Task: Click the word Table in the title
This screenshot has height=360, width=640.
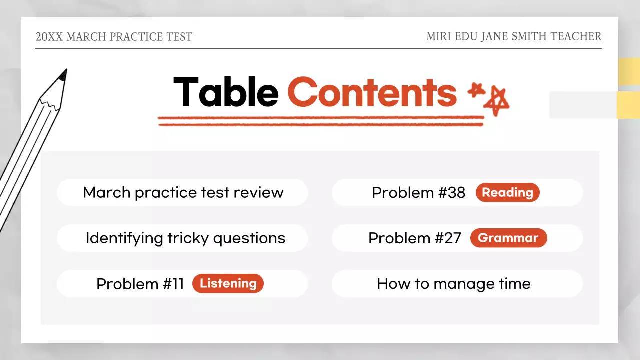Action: tap(226, 92)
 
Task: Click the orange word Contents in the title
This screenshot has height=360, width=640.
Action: tap(372, 92)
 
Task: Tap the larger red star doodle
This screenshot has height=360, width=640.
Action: tap(496, 101)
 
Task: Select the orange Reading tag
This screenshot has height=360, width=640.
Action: tap(507, 192)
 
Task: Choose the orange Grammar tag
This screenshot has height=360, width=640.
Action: tap(508, 238)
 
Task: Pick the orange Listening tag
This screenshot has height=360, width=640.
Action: tap(228, 283)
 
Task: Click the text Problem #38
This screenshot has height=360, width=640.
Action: tap(418, 192)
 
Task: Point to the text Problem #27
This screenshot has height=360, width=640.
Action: tap(415, 238)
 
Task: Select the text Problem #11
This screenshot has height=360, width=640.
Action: tap(140, 284)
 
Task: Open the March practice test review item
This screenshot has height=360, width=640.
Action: tap(183, 192)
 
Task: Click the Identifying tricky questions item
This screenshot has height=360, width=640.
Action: tap(185, 238)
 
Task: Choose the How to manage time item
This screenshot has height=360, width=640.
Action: tap(453, 284)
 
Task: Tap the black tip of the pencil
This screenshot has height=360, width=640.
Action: tap(62, 75)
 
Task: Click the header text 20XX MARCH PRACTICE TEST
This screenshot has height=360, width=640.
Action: tap(114, 37)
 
